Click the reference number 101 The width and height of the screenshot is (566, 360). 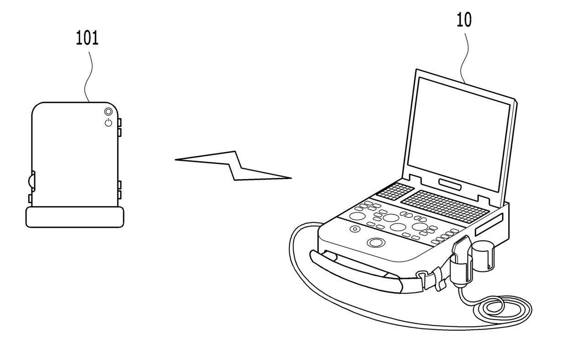[x=87, y=38]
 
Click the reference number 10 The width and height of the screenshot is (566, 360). [x=464, y=21]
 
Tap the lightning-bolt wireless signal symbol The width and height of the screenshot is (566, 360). [x=233, y=165]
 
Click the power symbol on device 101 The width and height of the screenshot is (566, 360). [x=108, y=122]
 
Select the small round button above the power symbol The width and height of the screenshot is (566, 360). [x=108, y=111]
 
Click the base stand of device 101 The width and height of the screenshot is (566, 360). [x=75, y=217]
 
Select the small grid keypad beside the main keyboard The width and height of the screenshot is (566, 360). [x=395, y=191]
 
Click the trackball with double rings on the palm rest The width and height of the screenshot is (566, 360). [x=375, y=242]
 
